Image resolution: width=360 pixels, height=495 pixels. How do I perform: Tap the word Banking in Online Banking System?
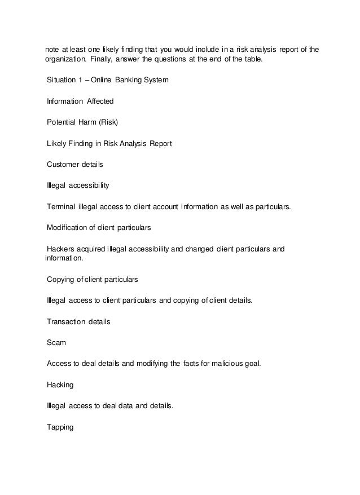pyautogui.click(x=129, y=81)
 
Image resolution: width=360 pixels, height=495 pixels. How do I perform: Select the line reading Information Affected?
pyautogui.click(x=80, y=101)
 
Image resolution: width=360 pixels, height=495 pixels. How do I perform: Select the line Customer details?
pyautogui.click(x=75, y=164)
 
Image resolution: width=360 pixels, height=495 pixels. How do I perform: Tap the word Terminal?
pyautogui.click(x=62, y=206)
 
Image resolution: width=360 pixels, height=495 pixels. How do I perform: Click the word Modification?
pyautogui.click(x=69, y=227)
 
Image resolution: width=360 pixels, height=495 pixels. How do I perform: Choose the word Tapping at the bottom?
pyautogui.click(x=60, y=427)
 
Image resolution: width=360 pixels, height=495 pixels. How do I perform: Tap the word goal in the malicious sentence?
pyautogui.click(x=251, y=363)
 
